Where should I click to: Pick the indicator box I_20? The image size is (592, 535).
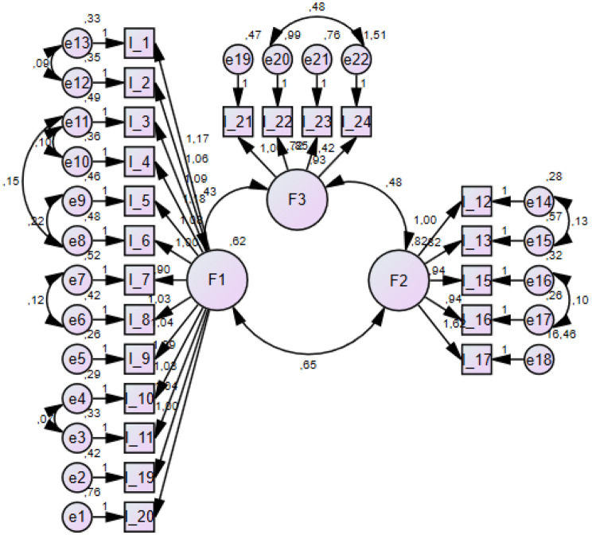pos(138,517)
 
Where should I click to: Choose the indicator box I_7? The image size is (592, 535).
pos(138,279)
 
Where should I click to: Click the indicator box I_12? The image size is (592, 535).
pos(477,201)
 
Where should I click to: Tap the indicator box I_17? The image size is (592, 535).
pos(477,359)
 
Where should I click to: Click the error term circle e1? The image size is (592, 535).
pos(76,517)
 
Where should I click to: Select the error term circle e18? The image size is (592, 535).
pos(539,359)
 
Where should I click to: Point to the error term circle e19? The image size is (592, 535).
pos(237,59)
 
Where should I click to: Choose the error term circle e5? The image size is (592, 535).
pos(76,358)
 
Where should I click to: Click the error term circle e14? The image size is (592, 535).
pos(539,201)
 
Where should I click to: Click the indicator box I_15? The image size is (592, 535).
pos(477,280)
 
